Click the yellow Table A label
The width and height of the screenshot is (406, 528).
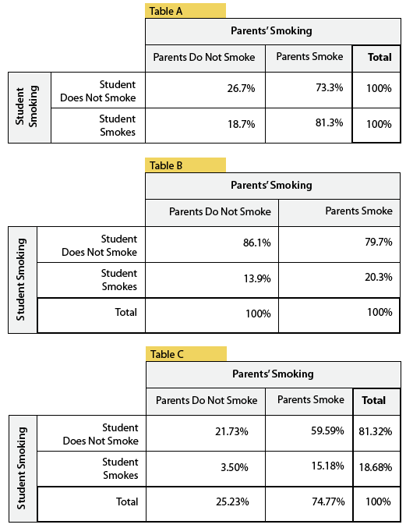point(185,11)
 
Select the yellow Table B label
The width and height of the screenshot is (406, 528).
point(185,165)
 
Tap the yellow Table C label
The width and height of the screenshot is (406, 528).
point(186,354)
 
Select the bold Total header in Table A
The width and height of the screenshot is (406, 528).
point(380,57)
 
